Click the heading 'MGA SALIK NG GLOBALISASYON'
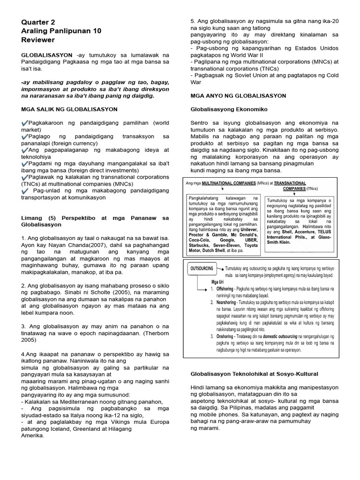tap(69, 109)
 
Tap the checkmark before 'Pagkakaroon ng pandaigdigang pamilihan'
tap(25, 122)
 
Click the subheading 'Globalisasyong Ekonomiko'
tap(229, 109)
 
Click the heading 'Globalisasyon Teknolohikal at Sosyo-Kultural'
tap(255, 374)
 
